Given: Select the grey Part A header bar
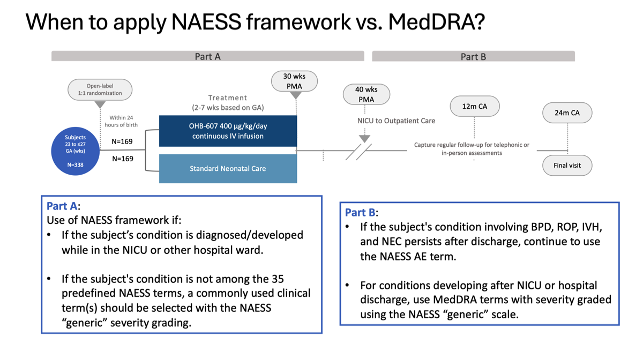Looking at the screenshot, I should pyautogui.click(x=207, y=56).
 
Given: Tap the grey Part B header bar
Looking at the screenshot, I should pyautogui.click(x=473, y=56).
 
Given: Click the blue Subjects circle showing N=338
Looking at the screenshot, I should pyautogui.click(x=75, y=151).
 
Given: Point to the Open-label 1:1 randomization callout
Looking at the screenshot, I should pyautogui.click(x=100, y=89).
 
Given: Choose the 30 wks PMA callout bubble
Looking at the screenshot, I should pyautogui.click(x=295, y=81).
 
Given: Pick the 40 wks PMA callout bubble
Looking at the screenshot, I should pyautogui.click(x=367, y=94).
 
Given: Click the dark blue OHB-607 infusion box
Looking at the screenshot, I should pyautogui.click(x=228, y=131).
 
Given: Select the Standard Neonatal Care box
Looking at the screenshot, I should pyautogui.click(x=228, y=168).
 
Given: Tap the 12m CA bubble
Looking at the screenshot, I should pyautogui.click(x=475, y=106).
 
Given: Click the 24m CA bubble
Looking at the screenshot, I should pyautogui.click(x=567, y=112).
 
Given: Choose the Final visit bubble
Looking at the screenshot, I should pyautogui.click(x=567, y=165).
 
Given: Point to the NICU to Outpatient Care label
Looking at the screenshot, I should pyautogui.click(x=396, y=121).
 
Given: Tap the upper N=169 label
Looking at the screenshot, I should pyautogui.click(x=122, y=142).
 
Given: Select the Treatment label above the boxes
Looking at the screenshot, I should pyautogui.click(x=228, y=98).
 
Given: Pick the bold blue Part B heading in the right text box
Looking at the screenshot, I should pyautogui.click(x=361, y=213).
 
